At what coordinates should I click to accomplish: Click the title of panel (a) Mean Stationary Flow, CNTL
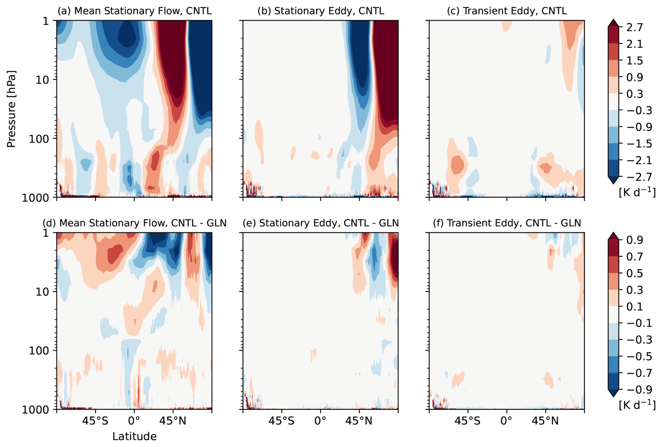click(134, 11)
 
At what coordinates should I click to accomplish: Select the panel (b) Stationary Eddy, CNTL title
click(321, 11)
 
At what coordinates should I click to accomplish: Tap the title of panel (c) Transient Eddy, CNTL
click(507, 11)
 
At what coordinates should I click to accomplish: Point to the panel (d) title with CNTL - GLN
click(134, 223)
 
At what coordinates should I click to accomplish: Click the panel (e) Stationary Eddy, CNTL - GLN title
click(321, 223)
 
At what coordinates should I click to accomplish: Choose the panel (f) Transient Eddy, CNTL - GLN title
click(507, 223)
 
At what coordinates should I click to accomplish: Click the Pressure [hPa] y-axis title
click(11, 109)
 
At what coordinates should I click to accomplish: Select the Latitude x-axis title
click(134, 437)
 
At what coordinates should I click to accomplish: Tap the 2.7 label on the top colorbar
click(634, 27)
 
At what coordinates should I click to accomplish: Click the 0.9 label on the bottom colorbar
click(634, 240)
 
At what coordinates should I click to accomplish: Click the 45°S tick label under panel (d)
click(95, 421)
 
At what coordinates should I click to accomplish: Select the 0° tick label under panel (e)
click(321, 421)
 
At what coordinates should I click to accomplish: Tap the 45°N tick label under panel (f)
click(545, 421)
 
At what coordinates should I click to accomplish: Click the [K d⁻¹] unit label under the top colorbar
click(637, 192)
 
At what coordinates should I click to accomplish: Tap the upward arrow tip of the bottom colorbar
click(613, 233)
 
